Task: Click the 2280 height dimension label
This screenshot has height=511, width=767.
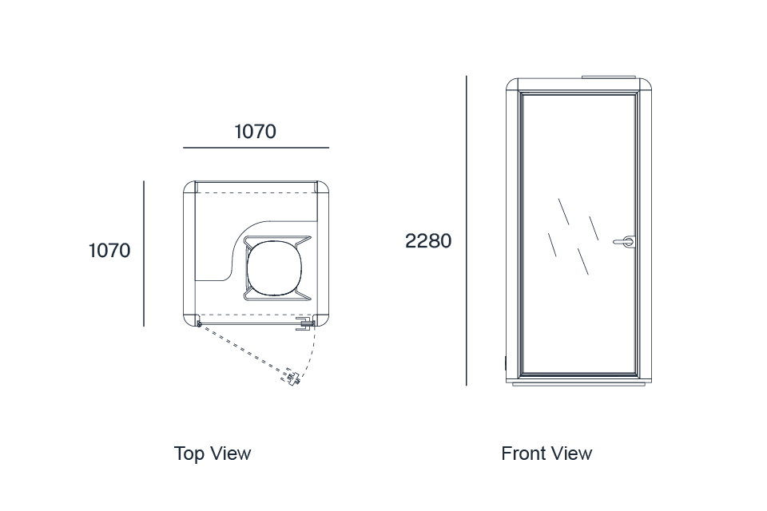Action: [428, 241]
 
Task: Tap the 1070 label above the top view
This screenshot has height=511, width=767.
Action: [256, 132]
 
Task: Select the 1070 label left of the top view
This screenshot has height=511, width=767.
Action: [109, 251]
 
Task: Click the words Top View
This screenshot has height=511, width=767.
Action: [213, 454]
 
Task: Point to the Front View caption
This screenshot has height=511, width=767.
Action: [546, 454]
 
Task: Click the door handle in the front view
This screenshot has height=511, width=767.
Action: [625, 242]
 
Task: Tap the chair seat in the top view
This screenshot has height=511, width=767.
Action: [274, 268]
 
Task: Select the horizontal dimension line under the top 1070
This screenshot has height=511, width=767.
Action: [256, 147]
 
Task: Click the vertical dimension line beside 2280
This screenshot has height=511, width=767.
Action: [466, 230]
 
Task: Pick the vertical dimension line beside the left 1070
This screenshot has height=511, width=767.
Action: [144, 253]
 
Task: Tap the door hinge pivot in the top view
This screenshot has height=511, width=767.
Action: [199, 323]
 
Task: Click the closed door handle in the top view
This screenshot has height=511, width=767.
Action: [304, 323]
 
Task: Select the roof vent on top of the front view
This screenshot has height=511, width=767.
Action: [609, 77]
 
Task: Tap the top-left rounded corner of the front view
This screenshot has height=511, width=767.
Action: [511, 85]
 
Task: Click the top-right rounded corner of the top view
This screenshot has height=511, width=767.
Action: [324, 186]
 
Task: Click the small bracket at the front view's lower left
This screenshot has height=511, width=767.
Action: [506, 363]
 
